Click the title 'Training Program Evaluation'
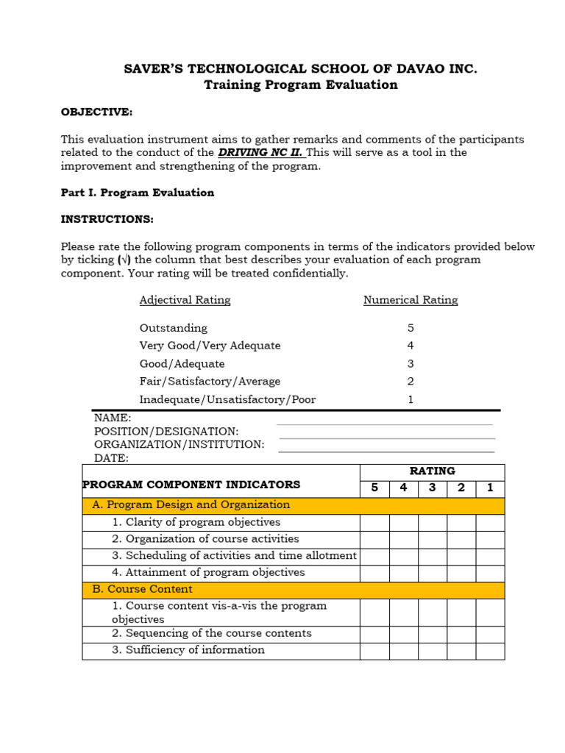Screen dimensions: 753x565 coord(300,85)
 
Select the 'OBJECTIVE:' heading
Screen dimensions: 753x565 coord(96,112)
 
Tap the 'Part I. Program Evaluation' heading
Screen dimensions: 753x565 coord(137,193)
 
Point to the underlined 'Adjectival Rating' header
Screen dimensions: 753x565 coord(185,300)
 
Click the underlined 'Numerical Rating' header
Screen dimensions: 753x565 coord(411,300)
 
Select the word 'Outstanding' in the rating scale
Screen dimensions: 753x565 coord(174,328)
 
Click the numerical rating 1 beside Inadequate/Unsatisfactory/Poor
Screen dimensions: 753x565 coord(411,399)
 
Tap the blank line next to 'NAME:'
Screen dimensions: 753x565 coord(384,423)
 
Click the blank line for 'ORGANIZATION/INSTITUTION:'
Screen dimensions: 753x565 coord(387,450)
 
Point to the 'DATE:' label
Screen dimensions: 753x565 coord(111,458)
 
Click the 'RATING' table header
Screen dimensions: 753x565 coord(432,471)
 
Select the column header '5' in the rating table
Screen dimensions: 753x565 coord(374,488)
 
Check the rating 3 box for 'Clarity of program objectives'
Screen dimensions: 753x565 coord(432,522)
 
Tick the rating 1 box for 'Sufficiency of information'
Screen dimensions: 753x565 coord(490,651)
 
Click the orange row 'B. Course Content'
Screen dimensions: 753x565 coord(293,590)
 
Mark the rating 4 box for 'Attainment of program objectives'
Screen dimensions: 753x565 coord(403,573)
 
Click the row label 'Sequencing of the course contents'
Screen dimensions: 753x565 coord(211,633)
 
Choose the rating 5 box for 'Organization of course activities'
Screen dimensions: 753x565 coord(374,539)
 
